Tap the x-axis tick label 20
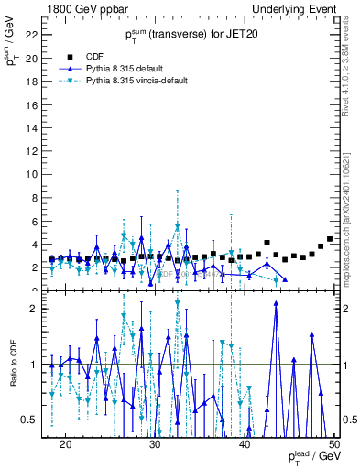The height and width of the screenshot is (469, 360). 65,443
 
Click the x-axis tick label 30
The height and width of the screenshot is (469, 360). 155,443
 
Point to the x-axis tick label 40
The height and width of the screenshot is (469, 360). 245,443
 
